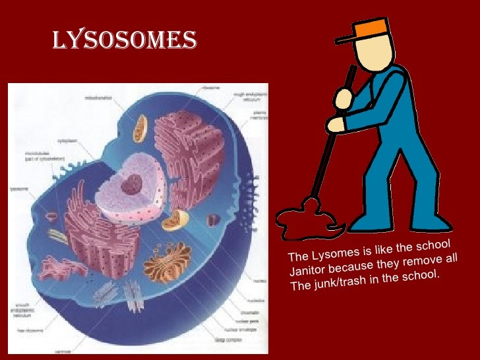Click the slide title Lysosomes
point(124,39)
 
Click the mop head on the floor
point(307,218)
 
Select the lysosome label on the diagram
point(19,188)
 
